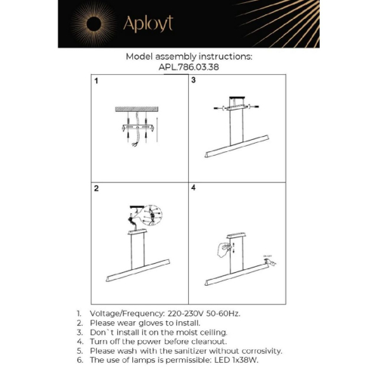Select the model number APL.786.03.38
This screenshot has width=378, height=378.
pos(188,66)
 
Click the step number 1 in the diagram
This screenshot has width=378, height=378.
pos(96,80)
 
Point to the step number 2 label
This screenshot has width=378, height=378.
pos(96,187)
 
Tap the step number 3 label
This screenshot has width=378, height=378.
pos(194,80)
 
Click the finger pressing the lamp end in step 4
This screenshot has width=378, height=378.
pos(270,262)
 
